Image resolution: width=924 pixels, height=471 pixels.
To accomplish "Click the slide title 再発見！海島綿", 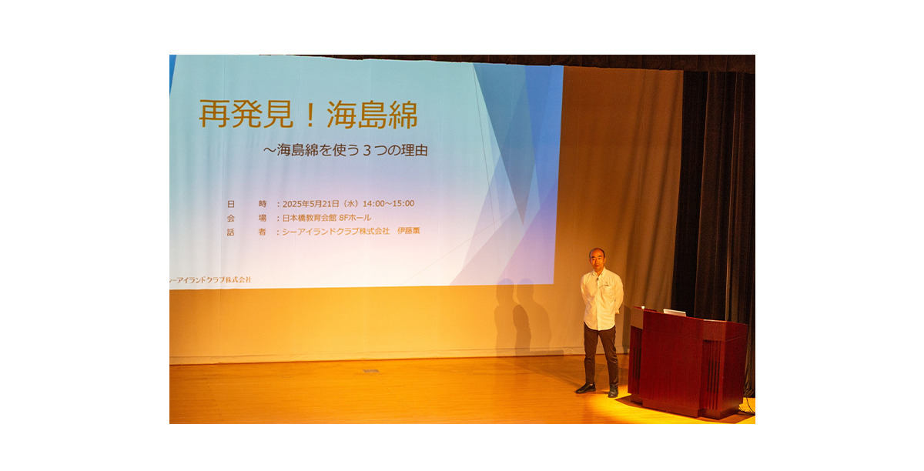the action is tap(309, 114).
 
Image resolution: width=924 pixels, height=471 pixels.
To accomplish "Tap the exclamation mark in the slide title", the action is tap(310, 115).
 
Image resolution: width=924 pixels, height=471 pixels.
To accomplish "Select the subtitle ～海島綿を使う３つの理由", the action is tap(346, 150).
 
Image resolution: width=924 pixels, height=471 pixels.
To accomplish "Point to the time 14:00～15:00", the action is tap(388, 203).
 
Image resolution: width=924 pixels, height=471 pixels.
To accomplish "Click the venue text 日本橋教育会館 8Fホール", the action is tap(326, 217).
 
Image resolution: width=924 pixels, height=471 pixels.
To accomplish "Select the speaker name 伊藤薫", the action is tap(408, 231).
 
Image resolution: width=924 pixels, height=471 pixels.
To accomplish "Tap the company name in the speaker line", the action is tap(336, 232).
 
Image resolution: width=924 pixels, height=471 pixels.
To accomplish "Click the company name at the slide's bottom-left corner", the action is tap(210, 279).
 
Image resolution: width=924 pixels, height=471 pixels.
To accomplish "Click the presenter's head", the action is tap(597, 258).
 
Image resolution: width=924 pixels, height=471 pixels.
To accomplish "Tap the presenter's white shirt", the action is tap(602, 299).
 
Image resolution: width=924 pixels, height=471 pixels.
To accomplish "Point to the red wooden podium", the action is tap(688, 362).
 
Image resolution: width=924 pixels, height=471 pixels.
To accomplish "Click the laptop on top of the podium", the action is tap(675, 312).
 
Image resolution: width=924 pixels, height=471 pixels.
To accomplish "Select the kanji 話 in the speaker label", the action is tap(230, 232).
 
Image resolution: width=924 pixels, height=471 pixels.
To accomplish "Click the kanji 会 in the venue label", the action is tap(230, 218).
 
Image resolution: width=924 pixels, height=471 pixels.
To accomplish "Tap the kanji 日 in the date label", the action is tap(231, 204).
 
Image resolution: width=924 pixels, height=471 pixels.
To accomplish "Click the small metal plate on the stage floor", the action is tap(371, 371).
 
